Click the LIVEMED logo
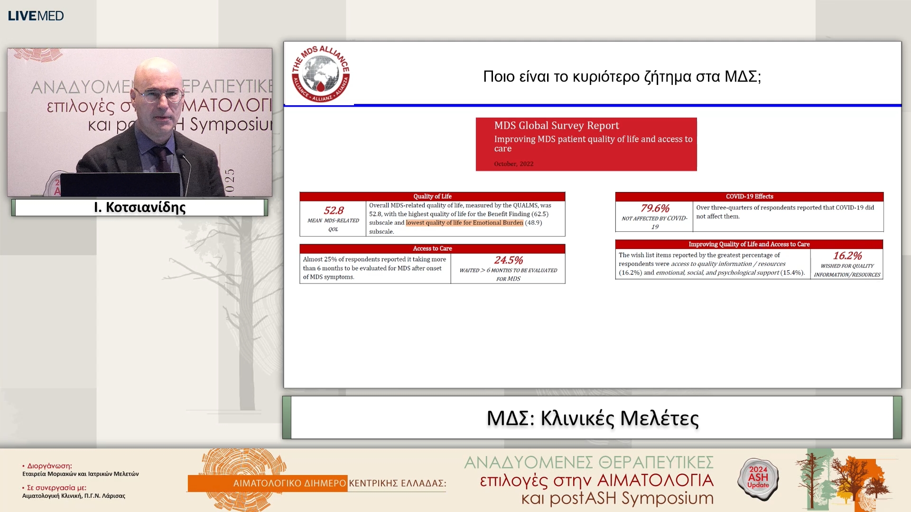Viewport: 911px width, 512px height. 36,16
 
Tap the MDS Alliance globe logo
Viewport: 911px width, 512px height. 321,74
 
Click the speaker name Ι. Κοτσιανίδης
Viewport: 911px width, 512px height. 139,207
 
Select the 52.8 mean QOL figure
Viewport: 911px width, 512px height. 334,210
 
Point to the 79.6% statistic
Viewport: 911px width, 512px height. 655,208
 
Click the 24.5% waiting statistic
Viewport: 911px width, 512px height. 508,260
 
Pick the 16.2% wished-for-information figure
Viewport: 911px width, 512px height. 847,256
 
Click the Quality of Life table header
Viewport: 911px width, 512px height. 432,196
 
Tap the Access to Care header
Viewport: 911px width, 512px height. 432,248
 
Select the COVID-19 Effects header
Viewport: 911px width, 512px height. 749,196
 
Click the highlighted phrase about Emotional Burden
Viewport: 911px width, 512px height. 464,223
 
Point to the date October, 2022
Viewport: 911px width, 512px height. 513,164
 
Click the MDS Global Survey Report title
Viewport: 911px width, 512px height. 557,126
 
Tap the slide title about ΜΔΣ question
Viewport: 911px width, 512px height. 622,76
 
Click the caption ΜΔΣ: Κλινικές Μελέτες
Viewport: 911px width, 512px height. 592,418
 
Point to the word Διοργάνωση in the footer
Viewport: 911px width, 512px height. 49,466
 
